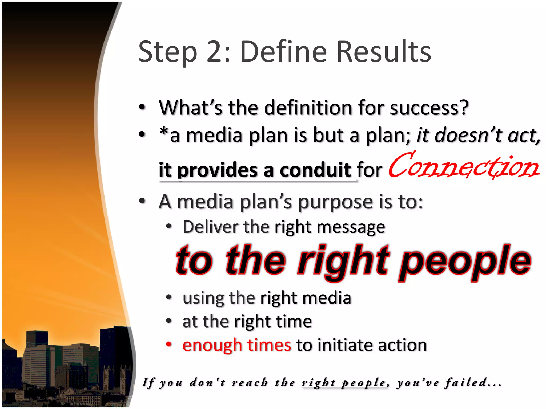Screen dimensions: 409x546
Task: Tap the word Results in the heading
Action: (384, 52)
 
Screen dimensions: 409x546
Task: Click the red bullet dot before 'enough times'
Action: (168, 344)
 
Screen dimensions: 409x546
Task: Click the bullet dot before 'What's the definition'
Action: (142, 107)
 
